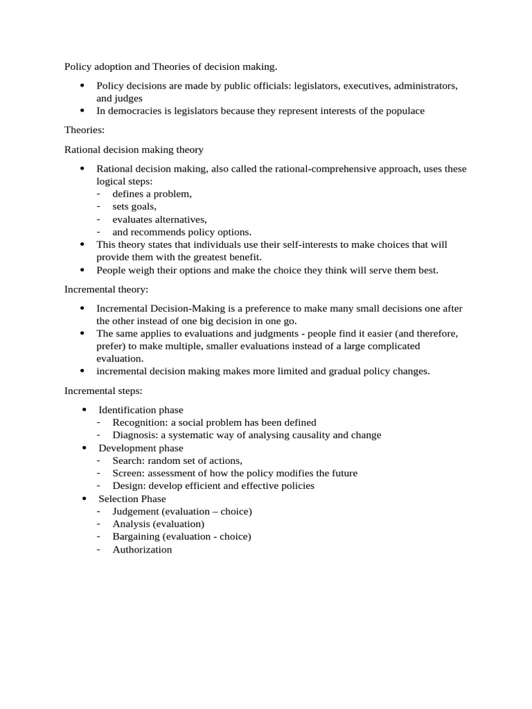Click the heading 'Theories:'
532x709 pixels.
point(86,130)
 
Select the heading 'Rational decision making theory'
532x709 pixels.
point(134,150)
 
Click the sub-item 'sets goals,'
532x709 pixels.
point(134,206)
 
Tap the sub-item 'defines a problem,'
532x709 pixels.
point(152,194)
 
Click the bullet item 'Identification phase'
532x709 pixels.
point(141,410)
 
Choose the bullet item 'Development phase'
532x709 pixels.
point(141,448)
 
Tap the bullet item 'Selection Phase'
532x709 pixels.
point(132,499)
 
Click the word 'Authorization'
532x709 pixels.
point(142,549)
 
